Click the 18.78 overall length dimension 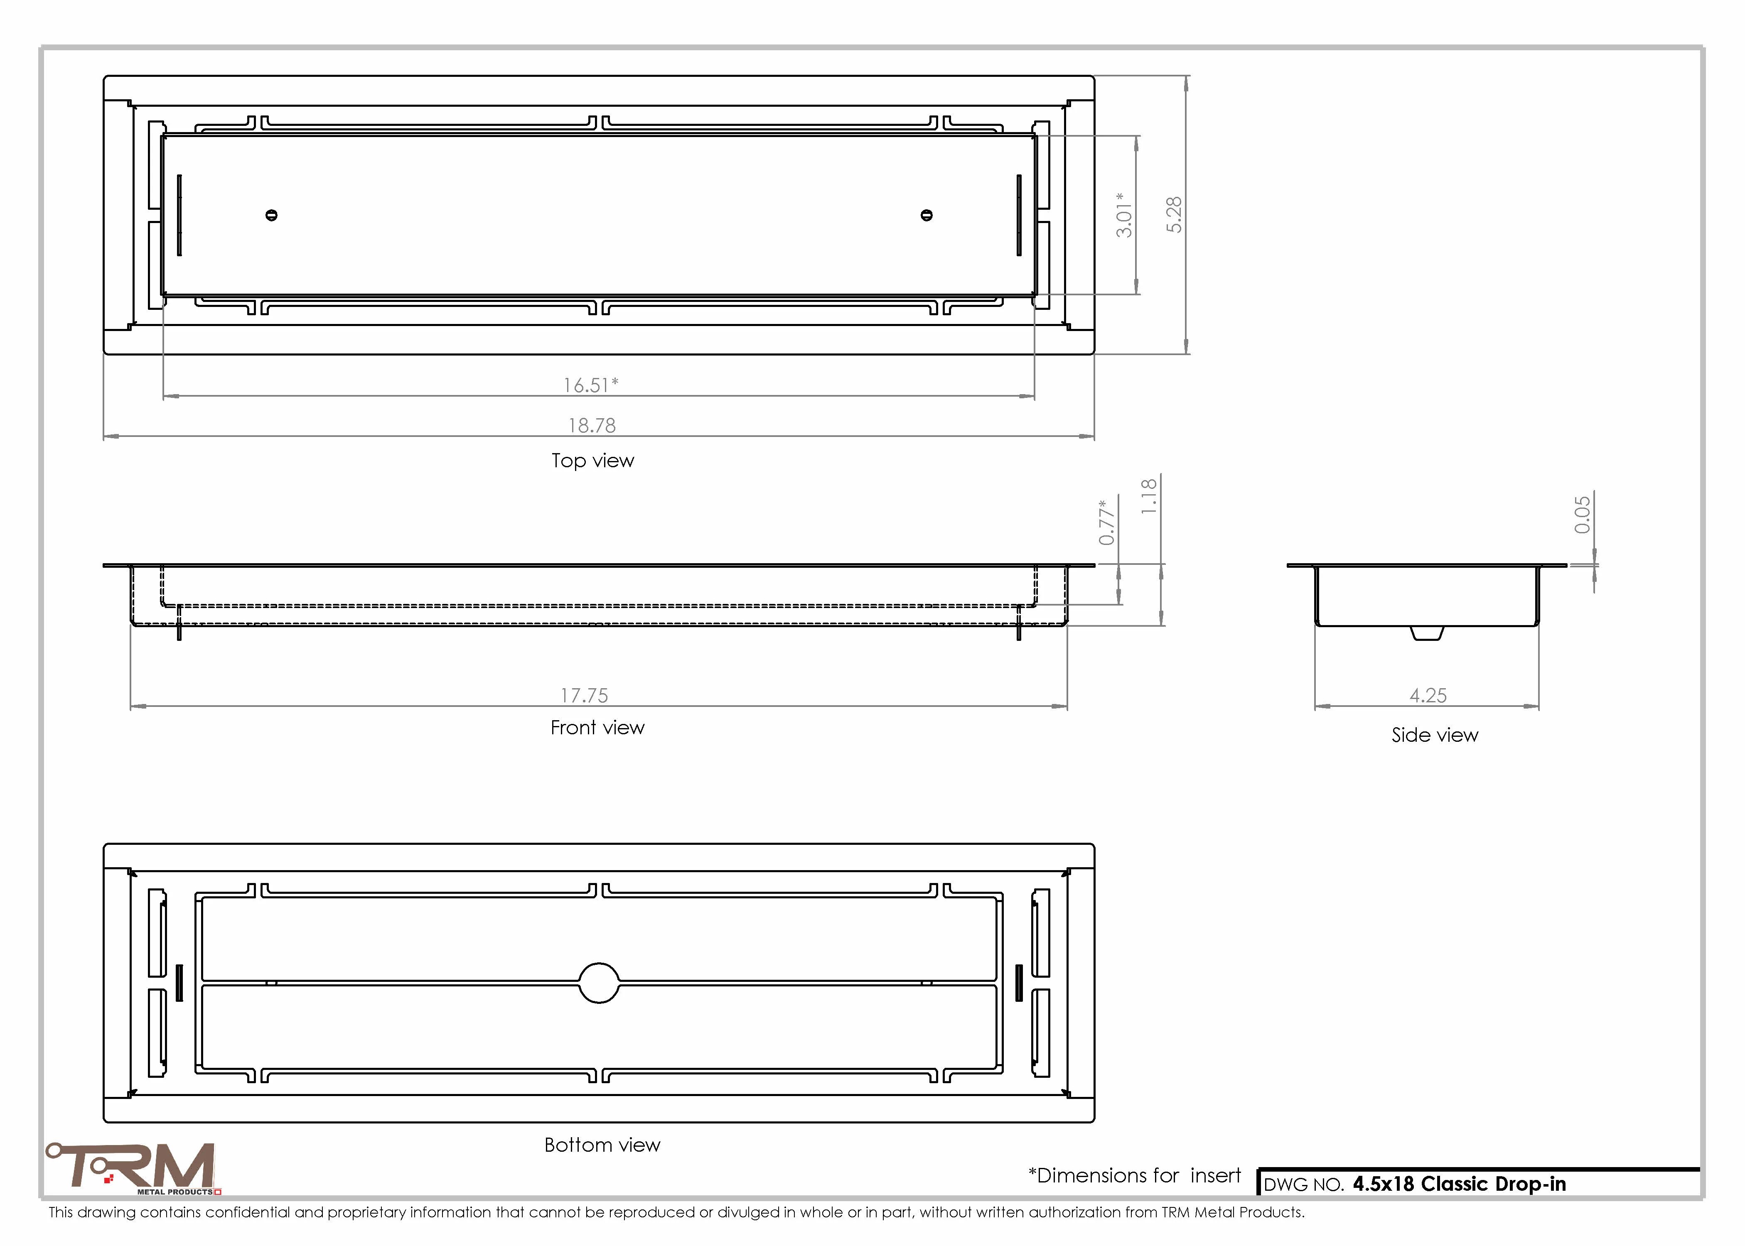click(x=592, y=425)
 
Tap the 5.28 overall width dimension click(x=1173, y=215)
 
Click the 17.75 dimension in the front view click(x=584, y=695)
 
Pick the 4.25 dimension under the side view click(x=1428, y=695)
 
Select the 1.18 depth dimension click(x=1149, y=496)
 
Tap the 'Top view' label click(x=592, y=460)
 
